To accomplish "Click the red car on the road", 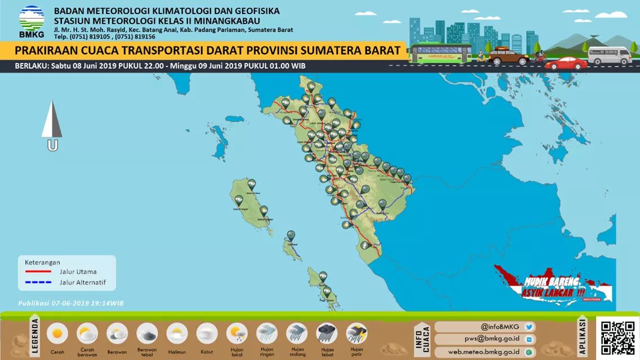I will [x=566, y=63].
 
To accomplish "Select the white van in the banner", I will [x=610, y=55].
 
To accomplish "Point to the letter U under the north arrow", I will [x=52, y=146].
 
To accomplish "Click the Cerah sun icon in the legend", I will [x=57, y=334].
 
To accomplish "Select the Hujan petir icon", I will [x=356, y=334].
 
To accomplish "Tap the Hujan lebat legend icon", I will [x=326, y=334].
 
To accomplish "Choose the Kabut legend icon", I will [x=207, y=334].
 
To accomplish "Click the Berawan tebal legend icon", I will [x=147, y=334].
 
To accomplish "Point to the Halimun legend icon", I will [x=177, y=334].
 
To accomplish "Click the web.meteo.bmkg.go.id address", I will [x=484, y=352].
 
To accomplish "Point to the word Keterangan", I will [x=42, y=262].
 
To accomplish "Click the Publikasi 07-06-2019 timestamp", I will [x=71, y=303].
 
